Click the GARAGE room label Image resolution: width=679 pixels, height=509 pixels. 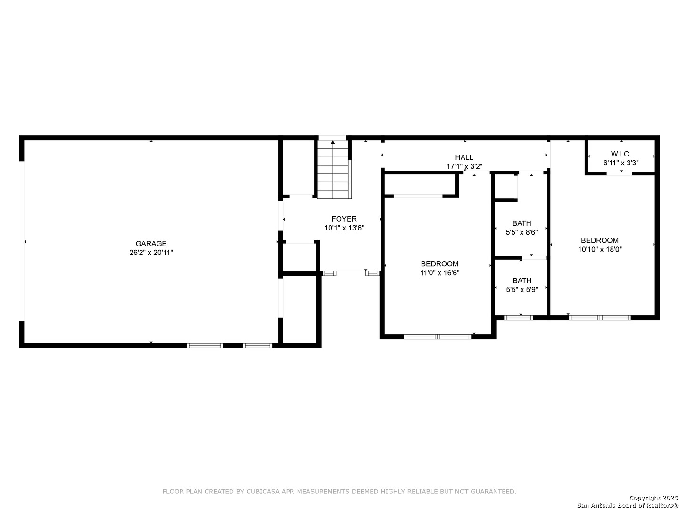[x=151, y=244]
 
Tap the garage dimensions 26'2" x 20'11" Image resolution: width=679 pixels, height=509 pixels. [x=151, y=253]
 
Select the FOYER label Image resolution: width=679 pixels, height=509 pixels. [x=344, y=219]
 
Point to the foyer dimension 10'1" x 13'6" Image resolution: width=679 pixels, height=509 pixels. [x=344, y=228]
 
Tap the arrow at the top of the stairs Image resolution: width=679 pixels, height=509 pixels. [x=333, y=142]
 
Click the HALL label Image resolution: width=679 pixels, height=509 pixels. [x=464, y=157]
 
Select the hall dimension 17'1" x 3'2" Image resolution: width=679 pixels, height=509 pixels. [x=464, y=166]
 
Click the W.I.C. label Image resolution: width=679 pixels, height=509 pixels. [x=621, y=154]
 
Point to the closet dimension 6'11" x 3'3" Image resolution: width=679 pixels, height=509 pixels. [x=621, y=163]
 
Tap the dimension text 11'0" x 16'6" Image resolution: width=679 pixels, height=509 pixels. [x=439, y=273]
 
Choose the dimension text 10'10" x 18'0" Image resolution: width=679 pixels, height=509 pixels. [x=600, y=249]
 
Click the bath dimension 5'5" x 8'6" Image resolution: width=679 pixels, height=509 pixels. [x=522, y=232]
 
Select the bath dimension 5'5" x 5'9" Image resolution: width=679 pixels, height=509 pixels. [x=522, y=289]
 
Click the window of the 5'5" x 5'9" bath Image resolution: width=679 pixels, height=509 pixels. [x=519, y=318]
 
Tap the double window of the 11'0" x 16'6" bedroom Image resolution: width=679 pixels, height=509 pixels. [x=438, y=337]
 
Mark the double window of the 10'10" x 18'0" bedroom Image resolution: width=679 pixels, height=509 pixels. [x=600, y=318]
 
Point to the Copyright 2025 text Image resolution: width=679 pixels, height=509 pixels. [x=654, y=498]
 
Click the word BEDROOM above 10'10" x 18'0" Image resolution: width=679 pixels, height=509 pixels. [x=600, y=240]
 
